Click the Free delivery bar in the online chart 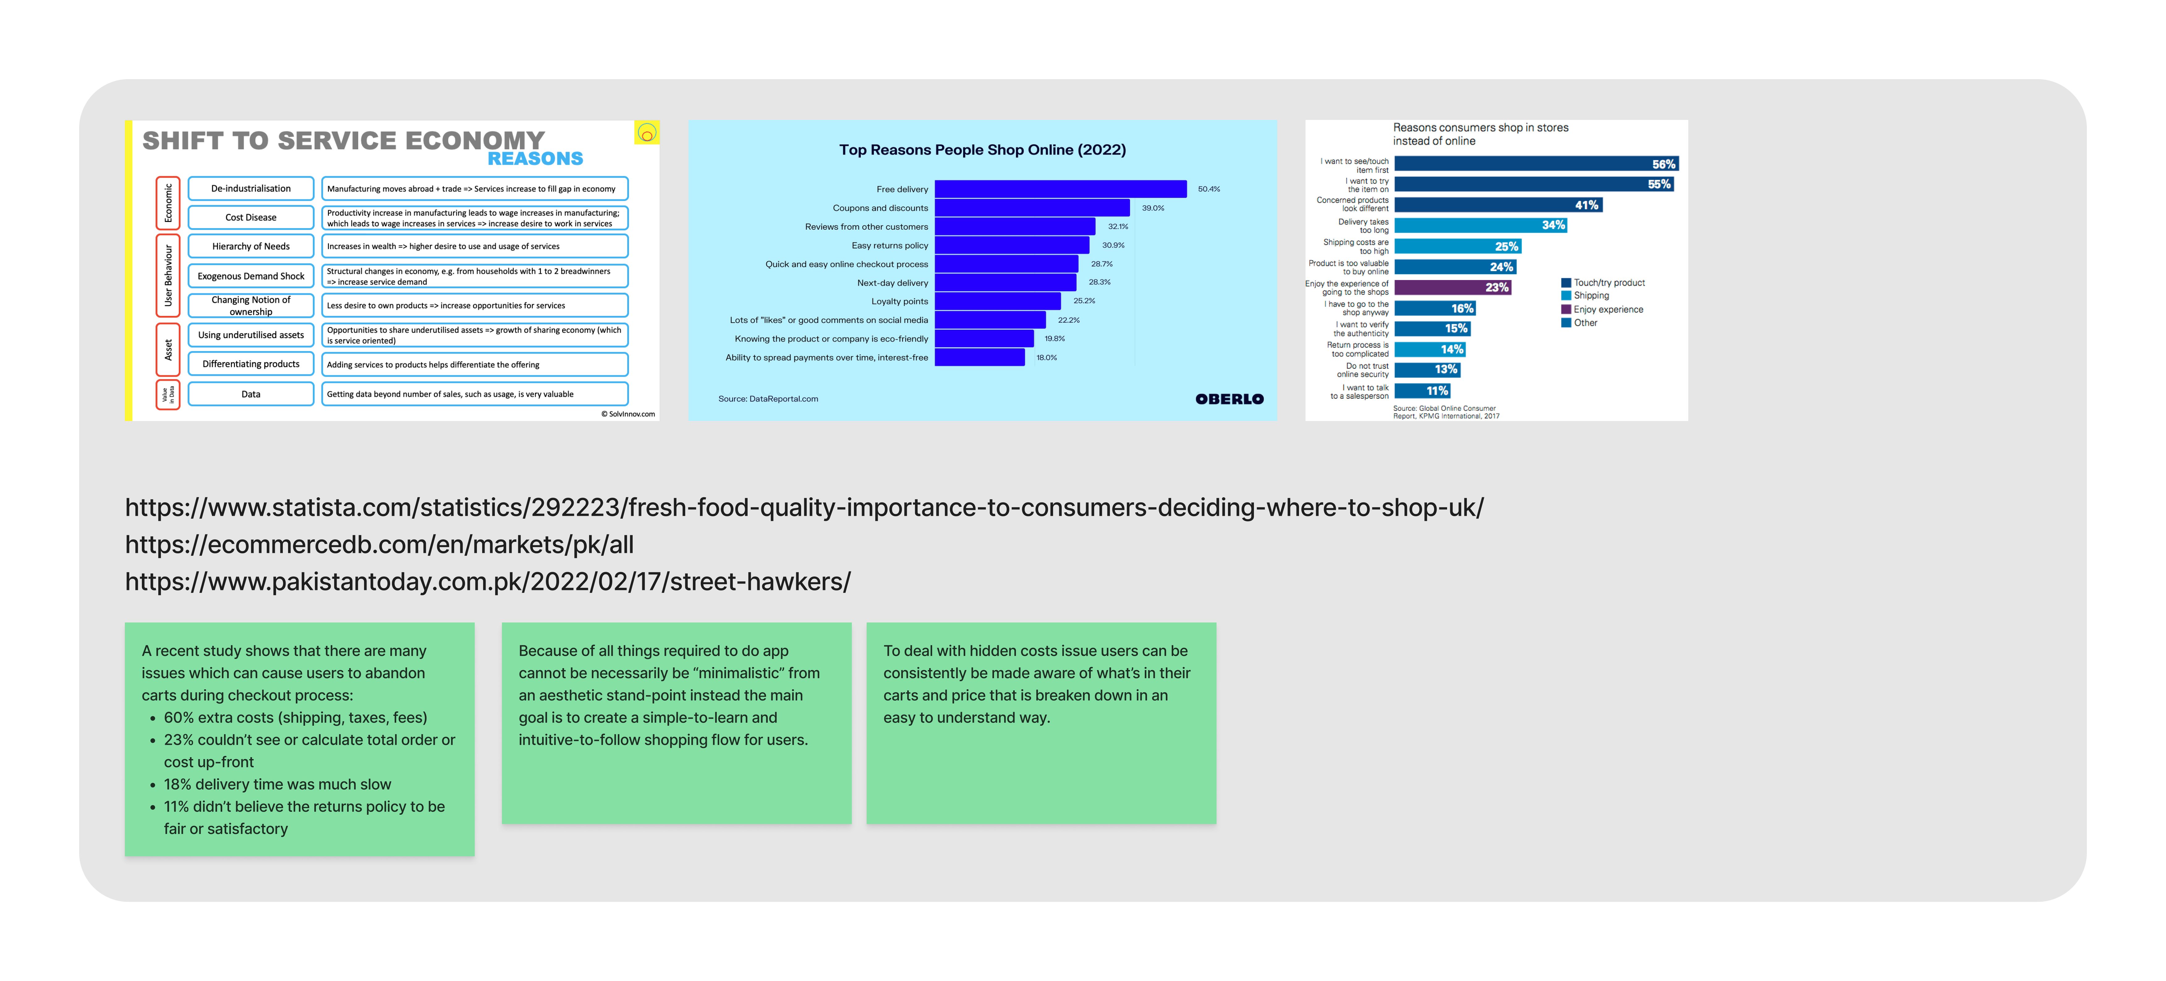click(x=1060, y=189)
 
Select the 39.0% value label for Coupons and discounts click(x=1153, y=208)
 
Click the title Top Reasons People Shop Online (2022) click(x=982, y=150)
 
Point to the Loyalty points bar click(x=997, y=301)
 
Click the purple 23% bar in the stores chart click(x=1452, y=287)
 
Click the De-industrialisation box click(x=251, y=188)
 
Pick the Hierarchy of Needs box click(x=251, y=246)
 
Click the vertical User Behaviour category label click(x=168, y=276)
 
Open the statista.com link click(x=804, y=508)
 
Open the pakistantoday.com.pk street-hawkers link click(x=488, y=582)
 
